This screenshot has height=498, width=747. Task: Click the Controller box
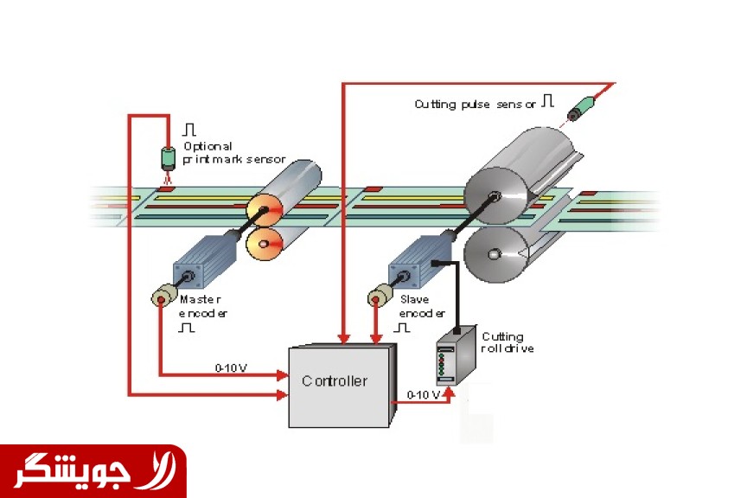[339, 384]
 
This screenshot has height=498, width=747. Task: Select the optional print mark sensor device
[168, 158]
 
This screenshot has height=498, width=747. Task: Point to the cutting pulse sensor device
[578, 110]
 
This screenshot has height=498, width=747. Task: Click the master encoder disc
[161, 297]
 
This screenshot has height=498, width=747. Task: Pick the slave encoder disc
[378, 297]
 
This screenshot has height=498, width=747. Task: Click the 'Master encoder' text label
[202, 305]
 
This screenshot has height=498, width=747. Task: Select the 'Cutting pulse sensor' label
[476, 104]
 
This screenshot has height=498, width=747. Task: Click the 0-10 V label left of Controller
[231, 367]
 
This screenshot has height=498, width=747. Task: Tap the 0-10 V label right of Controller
[423, 394]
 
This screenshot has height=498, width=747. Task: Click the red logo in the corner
[93, 471]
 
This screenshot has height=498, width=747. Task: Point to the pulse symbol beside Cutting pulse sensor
[547, 101]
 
